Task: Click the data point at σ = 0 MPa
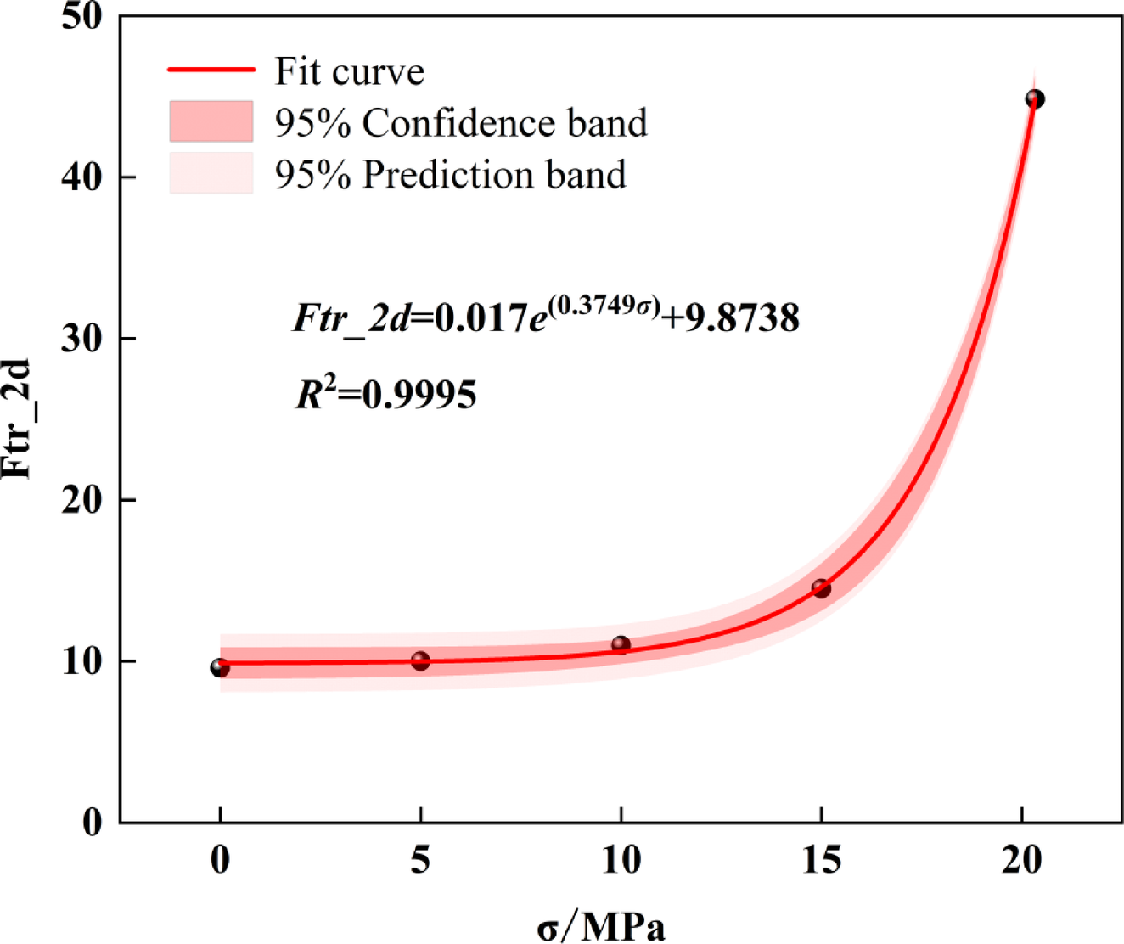(x=220, y=668)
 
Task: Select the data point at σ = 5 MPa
(x=420, y=660)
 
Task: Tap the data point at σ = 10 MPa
(x=621, y=645)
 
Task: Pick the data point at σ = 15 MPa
(x=821, y=588)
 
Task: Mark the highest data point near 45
(x=1035, y=99)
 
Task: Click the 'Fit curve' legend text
(x=349, y=71)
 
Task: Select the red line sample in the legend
(x=211, y=70)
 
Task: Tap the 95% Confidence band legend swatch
(x=211, y=121)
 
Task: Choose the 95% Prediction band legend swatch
(x=211, y=173)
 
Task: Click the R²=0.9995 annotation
(x=386, y=394)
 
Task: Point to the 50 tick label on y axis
(x=82, y=17)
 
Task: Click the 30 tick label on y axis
(x=82, y=339)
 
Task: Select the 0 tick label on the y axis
(x=93, y=823)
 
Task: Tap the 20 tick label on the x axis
(x=1021, y=861)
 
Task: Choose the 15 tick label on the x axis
(x=821, y=861)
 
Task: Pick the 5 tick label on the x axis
(x=420, y=861)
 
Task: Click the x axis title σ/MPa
(x=601, y=926)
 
